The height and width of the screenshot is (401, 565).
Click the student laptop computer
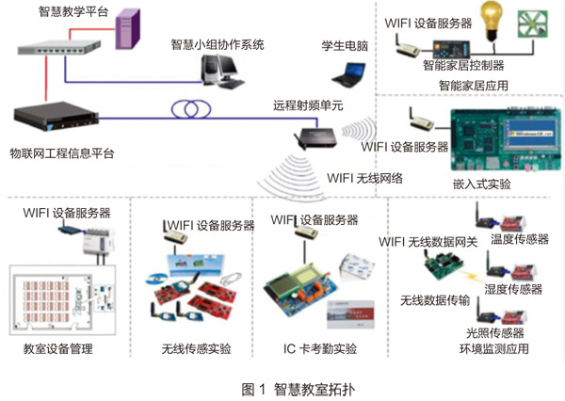point(353,72)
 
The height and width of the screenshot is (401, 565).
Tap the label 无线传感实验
point(196,350)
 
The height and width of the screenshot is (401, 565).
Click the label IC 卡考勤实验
point(320,350)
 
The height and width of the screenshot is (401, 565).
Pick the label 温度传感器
point(519,239)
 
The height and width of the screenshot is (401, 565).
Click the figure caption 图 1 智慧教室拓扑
point(282,388)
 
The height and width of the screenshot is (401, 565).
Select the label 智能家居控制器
point(463,66)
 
